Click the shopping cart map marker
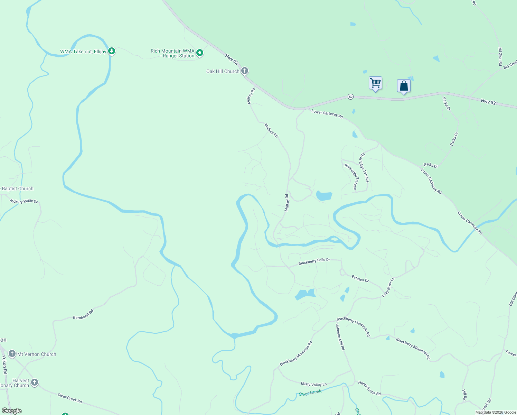(x=375, y=83)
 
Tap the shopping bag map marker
(x=404, y=86)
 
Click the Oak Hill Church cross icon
(x=245, y=71)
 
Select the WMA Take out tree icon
(x=111, y=52)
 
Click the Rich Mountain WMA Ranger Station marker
(x=199, y=53)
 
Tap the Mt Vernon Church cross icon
(x=12, y=354)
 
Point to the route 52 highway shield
(x=351, y=97)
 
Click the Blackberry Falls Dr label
(x=314, y=261)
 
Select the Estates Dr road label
(x=360, y=279)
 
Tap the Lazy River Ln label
(x=388, y=287)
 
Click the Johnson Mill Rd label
(x=340, y=337)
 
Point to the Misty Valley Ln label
(x=313, y=384)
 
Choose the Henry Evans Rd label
(x=369, y=388)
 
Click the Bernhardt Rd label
(x=83, y=314)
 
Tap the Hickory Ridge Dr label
(x=24, y=201)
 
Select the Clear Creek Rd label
(x=70, y=398)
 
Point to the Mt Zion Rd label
(x=500, y=57)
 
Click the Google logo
(x=12, y=411)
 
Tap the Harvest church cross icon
(x=34, y=382)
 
